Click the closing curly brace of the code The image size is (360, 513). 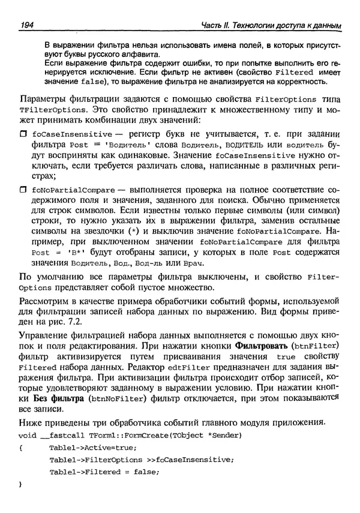pyautogui.click(x=22, y=484)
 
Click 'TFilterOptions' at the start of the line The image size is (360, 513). pyautogui.click(x=46, y=110)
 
